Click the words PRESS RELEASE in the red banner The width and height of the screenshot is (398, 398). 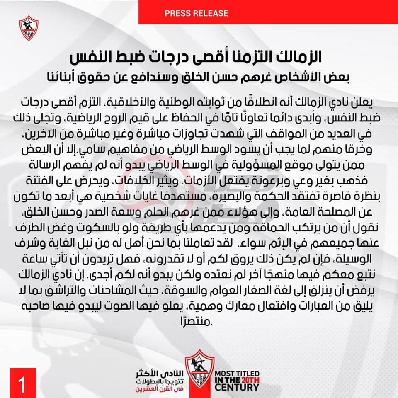(x=196, y=13)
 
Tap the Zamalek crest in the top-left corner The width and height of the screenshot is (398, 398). (x=28, y=28)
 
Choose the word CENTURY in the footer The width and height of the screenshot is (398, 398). (x=237, y=388)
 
